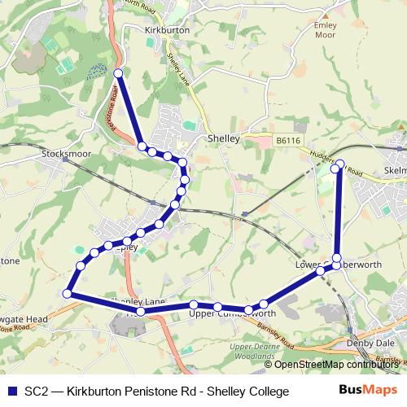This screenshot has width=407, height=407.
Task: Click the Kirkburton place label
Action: point(166,29)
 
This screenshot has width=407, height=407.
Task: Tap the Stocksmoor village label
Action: point(63,152)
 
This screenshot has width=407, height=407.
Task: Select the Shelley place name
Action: point(223,139)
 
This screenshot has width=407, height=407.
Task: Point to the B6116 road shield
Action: point(287,141)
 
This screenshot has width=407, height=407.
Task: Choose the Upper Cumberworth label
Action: point(231,313)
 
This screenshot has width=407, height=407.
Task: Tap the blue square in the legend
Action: point(11,392)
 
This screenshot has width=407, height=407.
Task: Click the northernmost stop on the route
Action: point(118,73)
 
